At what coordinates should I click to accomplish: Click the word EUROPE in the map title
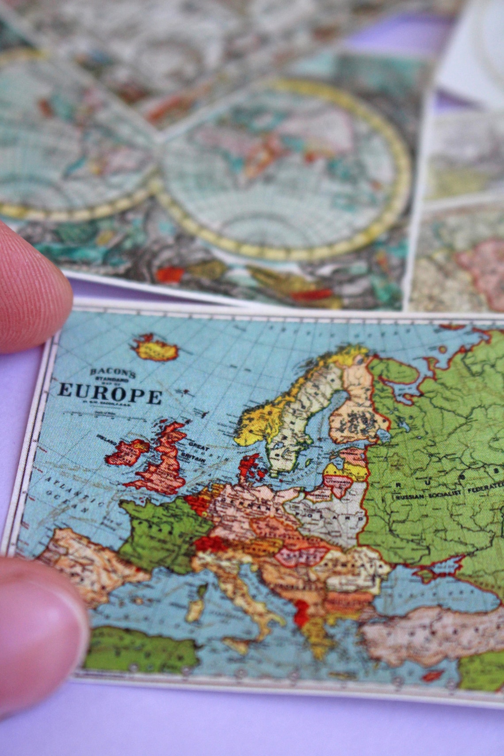point(110,393)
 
